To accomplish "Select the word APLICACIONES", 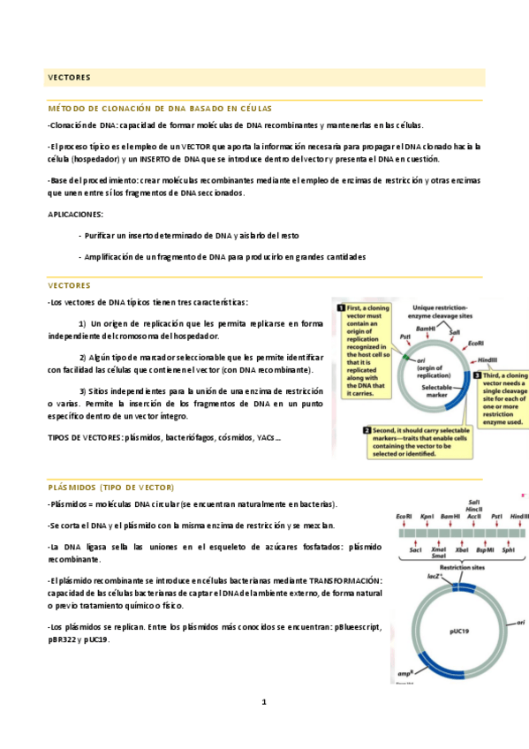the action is pos(75,214).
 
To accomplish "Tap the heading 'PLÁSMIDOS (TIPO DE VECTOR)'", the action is pos(111,488).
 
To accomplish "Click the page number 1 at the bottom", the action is pos(263,701).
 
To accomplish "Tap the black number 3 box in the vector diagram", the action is pos(476,375).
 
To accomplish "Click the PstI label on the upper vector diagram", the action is pos(404,337).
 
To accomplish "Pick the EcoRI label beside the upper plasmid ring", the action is pos(475,343).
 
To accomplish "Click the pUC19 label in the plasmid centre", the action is pos(458,632).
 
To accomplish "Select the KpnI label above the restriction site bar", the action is pos(427,516).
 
